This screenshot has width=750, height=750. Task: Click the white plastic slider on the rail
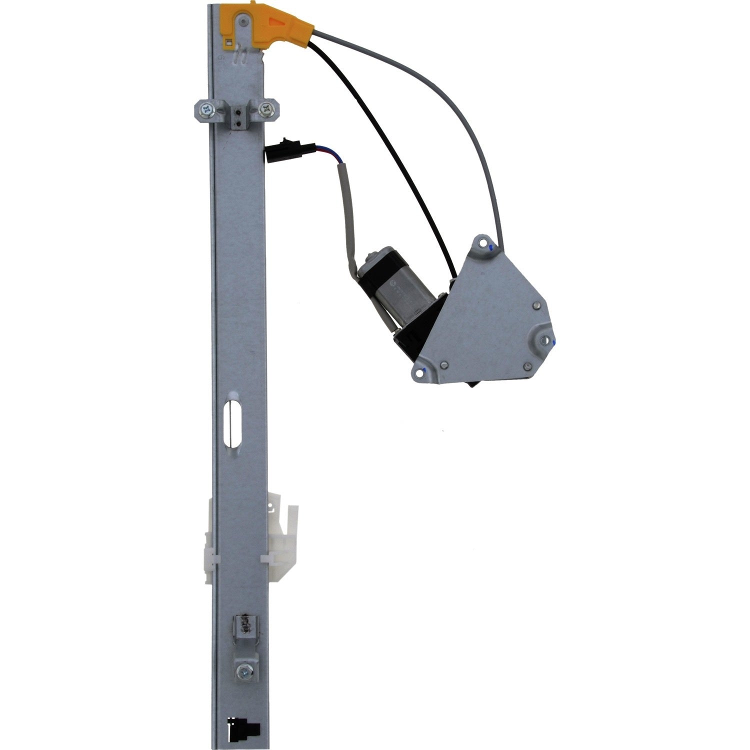click(x=277, y=540)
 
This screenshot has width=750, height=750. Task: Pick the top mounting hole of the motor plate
click(x=482, y=243)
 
